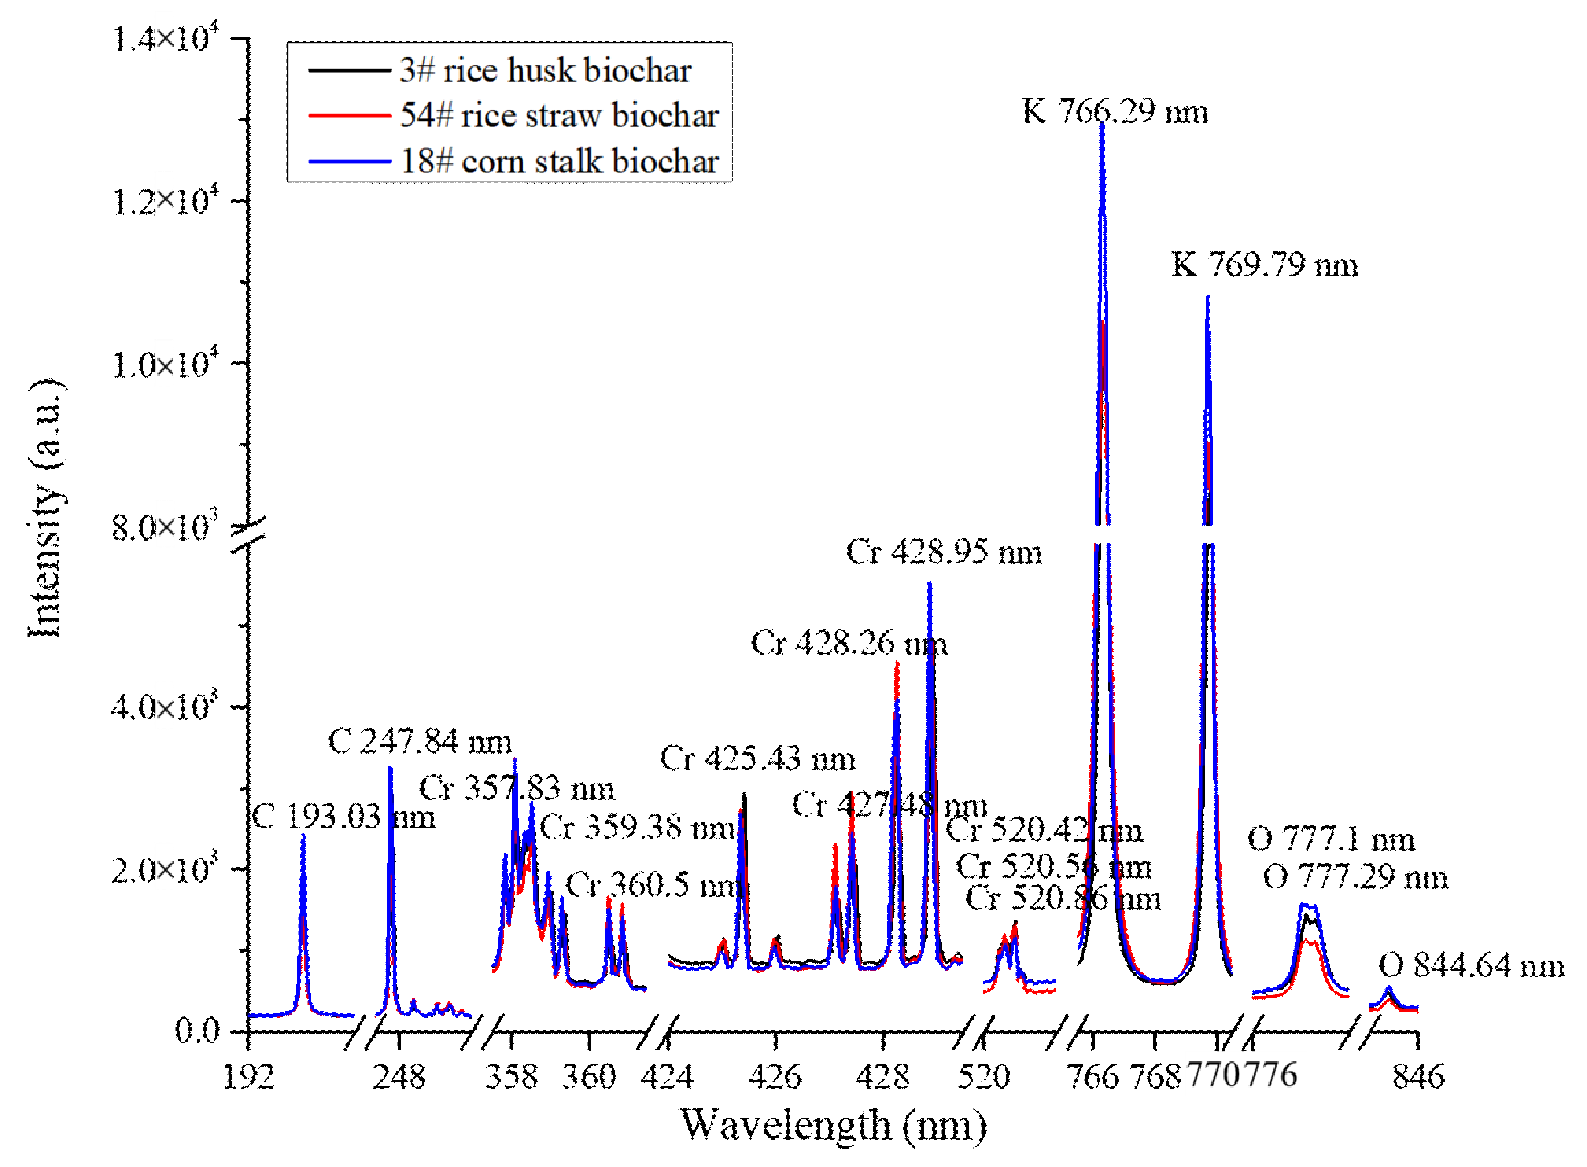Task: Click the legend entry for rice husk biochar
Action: coord(544,70)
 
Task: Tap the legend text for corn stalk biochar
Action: coord(559,162)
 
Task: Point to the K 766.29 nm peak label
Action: coord(1115,112)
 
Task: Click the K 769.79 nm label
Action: coord(1265,265)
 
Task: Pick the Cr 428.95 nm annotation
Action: coord(944,552)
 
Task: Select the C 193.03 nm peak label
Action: coord(343,817)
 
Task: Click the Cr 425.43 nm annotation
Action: coord(757,758)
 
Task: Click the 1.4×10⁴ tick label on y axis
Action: coord(166,39)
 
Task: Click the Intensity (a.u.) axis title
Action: coord(46,508)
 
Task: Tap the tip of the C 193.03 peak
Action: coord(303,835)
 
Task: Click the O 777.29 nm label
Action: coord(1355,877)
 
